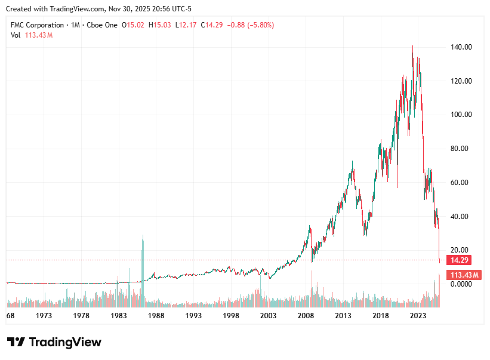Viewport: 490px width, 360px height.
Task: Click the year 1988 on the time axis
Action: (156, 315)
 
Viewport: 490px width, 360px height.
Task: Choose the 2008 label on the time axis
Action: (306, 315)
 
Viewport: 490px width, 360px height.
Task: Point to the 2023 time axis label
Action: (418, 315)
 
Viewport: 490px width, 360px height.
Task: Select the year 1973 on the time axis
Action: (44, 315)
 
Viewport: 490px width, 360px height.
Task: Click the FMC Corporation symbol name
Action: (37, 25)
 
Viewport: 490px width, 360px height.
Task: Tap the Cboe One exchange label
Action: (101, 25)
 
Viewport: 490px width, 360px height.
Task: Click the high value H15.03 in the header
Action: (160, 25)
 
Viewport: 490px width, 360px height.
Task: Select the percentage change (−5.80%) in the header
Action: (257, 25)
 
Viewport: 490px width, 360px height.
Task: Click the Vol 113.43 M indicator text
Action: (32, 35)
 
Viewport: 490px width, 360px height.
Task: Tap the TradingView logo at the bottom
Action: (54, 342)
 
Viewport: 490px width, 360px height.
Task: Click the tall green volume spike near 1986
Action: (143, 263)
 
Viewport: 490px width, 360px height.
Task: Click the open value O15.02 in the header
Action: (133, 25)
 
